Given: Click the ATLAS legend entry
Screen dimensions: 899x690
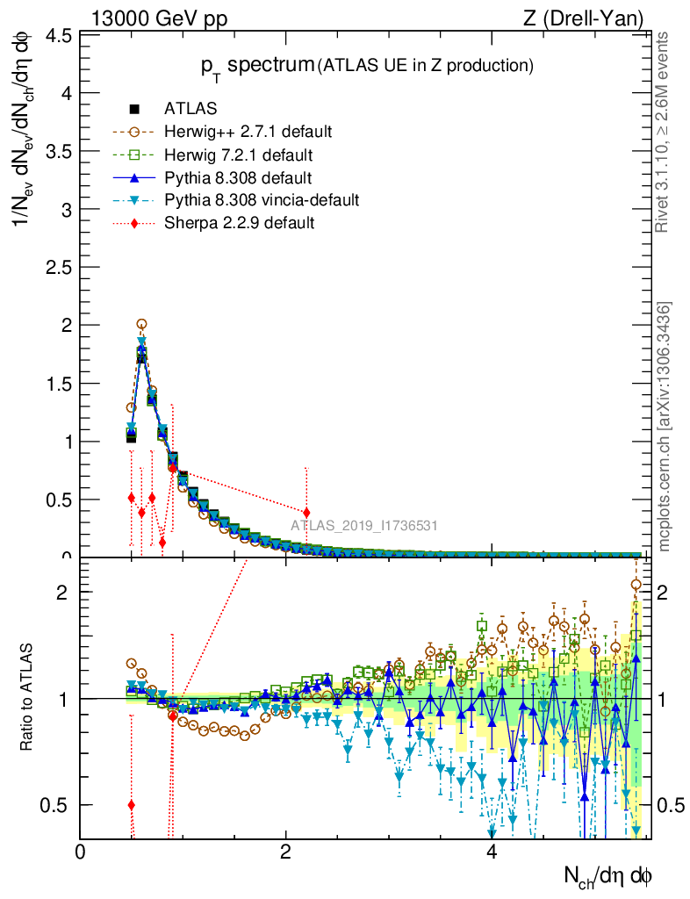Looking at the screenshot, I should [x=190, y=110].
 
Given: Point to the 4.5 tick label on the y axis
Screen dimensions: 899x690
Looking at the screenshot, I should [x=59, y=36].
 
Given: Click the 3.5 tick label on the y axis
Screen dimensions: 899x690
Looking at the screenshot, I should [x=59, y=152].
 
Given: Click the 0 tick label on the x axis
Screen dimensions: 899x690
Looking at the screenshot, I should [x=81, y=852].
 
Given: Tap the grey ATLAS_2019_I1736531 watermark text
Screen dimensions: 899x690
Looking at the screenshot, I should [x=364, y=526].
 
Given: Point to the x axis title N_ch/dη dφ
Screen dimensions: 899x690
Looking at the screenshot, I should [x=607, y=875].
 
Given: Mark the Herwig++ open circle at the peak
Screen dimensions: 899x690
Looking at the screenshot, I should [x=141, y=324].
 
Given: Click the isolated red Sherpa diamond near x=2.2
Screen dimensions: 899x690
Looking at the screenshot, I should [x=305, y=512].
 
